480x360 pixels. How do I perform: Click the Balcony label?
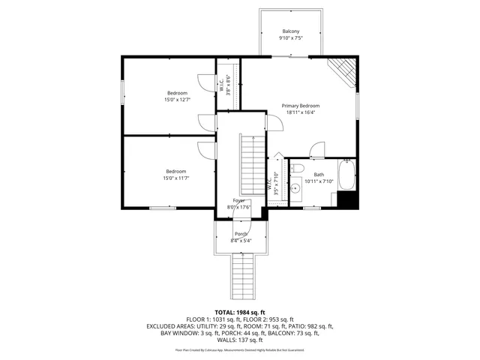pyautogui.click(x=290, y=31)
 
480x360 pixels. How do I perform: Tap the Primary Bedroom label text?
pyautogui.click(x=301, y=106)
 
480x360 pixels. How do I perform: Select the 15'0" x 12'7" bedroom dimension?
pyautogui.click(x=177, y=99)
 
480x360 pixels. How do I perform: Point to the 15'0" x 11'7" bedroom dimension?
pyautogui.click(x=177, y=177)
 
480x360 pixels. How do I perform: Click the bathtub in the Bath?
pyautogui.click(x=346, y=175)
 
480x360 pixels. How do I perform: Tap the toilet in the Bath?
pyautogui.click(x=297, y=168)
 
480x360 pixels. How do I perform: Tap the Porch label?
pyautogui.click(x=241, y=234)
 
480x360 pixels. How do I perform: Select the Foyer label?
pyautogui.click(x=239, y=201)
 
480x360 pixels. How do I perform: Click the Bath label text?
pyautogui.click(x=319, y=175)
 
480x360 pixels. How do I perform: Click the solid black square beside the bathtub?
pyautogui.click(x=346, y=199)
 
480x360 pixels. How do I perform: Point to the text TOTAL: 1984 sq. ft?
pyautogui.click(x=240, y=311)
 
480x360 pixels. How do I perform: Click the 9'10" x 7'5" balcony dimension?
pyautogui.click(x=290, y=37)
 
